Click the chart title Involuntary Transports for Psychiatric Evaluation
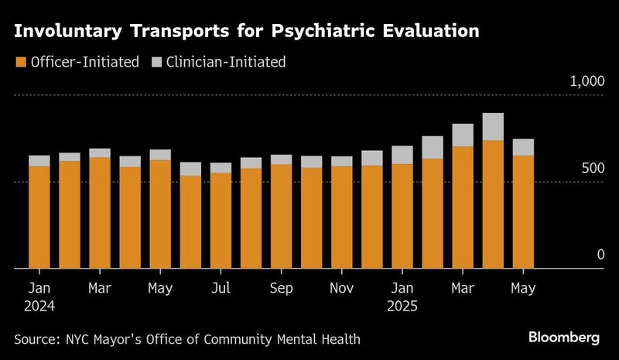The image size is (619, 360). click(x=245, y=32)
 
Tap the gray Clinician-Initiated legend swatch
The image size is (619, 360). click(x=156, y=62)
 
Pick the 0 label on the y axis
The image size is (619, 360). click(x=600, y=255)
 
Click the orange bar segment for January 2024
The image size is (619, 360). click(x=39, y=218)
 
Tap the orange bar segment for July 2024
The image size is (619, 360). click(x=221, y=221)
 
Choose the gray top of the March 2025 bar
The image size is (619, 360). click(x=463, y=135)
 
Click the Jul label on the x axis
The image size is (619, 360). click(x=221, y=288)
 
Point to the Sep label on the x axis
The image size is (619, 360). click(x=281, y=288)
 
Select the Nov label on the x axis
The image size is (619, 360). click(x=341, y=288)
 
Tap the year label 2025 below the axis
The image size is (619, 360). click(x=402, y=306)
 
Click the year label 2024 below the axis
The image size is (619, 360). click(x=39, y=306)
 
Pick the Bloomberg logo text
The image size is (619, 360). click(x=564, y=338)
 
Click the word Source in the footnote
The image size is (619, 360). click(x=35, y=339)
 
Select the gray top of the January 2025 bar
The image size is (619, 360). click(x=402, y=155)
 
